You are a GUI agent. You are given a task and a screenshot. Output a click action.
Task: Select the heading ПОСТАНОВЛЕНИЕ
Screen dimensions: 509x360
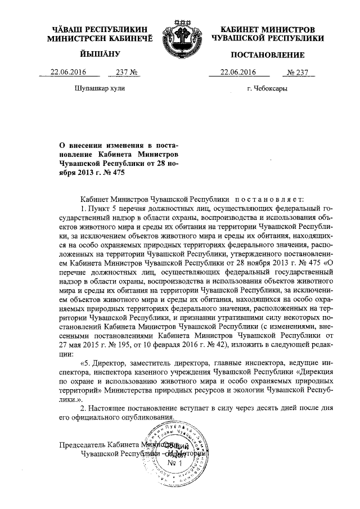pos(268,55)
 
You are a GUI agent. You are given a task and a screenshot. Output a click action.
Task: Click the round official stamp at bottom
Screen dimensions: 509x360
pos(178,455)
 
